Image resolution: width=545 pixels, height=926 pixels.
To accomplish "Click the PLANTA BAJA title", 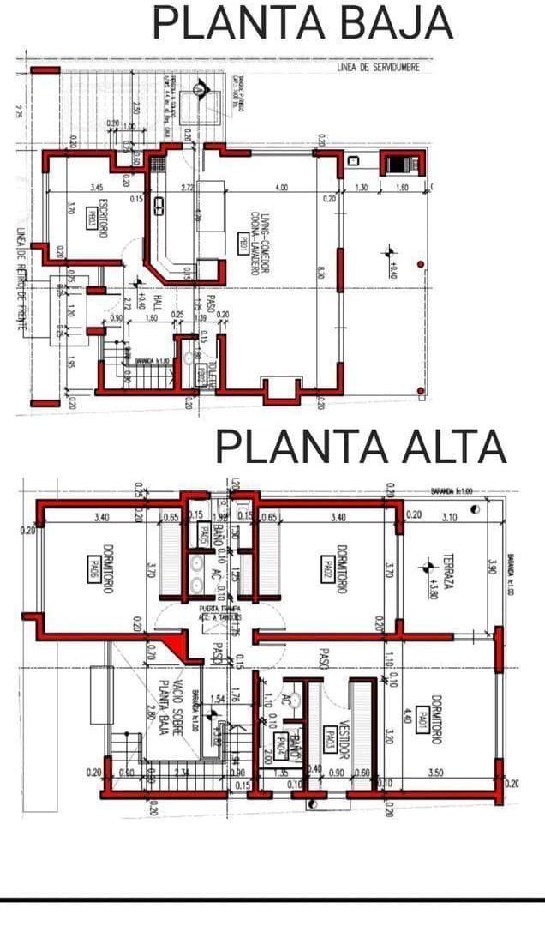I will tap(302, 23).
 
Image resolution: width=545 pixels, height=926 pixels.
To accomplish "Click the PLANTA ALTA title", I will tap(360, 447).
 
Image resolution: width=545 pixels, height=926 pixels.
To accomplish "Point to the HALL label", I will tap(157, 304).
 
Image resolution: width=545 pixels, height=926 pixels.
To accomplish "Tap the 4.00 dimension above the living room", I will tap(281, 188).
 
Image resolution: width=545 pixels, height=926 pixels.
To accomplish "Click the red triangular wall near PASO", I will tap(178, 643).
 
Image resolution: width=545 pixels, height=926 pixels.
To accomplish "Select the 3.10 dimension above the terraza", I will tap(449, 517).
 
